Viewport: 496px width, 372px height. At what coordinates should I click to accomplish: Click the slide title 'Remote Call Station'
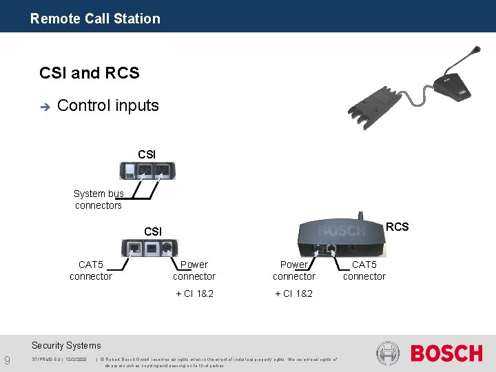coord(95,19)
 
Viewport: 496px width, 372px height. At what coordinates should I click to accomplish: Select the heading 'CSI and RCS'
coord(90,73)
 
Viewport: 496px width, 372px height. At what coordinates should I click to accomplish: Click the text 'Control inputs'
coord(108,105)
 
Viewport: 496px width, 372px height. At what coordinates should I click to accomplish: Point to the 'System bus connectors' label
coord(99,200)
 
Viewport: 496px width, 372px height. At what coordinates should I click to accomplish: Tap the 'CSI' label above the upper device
coord(147,154)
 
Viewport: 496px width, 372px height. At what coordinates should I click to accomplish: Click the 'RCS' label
coord(397,227)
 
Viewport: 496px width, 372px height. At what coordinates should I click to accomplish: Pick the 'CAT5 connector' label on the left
coord(90,270)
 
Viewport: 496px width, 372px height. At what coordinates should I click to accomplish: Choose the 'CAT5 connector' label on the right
coord(364,270)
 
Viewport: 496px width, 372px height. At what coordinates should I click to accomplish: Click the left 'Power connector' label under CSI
coord(194,270)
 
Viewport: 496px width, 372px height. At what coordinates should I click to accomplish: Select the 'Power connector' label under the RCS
coord(294,270)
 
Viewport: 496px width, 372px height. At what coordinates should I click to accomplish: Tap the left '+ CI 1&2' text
coord(194,293)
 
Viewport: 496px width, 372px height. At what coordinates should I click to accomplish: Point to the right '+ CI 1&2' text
coord(294,293)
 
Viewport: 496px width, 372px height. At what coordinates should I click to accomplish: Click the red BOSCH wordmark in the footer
coord(446,353)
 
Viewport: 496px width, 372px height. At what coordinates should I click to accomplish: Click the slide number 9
coord(7,359)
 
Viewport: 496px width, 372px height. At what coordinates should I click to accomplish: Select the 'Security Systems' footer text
coord(66,345)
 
